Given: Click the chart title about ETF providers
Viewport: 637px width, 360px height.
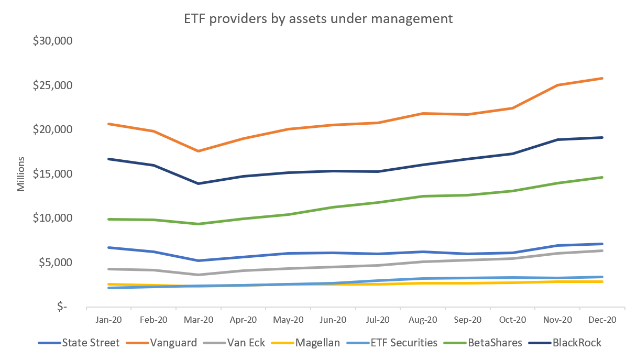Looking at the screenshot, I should pyautogui.click(x=318, y=19).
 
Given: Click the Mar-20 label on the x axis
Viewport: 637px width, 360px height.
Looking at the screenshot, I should pyautogui.click(x=199, y=320).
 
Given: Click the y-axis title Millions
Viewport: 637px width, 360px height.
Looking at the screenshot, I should pyautogui.click(x=21, y=173).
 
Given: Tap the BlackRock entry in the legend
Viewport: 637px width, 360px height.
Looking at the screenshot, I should pyautogui.click(x=574, y=343).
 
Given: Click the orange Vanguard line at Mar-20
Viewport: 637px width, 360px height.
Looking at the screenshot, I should pyautogui.click(x=199, y=151).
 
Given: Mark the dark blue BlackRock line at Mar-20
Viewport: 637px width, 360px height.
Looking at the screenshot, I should pyautogui.click(x=199, y=183).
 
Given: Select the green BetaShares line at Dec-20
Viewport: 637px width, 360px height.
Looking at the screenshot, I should pyautogui.click(x=602, y=177).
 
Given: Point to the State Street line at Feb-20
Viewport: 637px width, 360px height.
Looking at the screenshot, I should pyautogui.click(x=153, y=252).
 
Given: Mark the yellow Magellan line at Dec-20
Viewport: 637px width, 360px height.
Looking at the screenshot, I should pyautogui.click(x=602, y=281).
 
